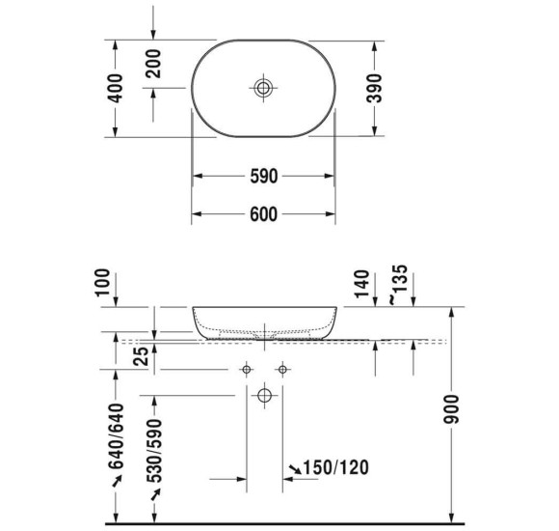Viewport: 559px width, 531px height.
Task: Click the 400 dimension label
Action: coord(115,88)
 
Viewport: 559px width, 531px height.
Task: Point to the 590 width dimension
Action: coord(263,177)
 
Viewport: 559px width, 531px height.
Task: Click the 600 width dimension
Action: coord(263,215)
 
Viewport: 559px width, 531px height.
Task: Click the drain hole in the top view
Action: coord(263,88)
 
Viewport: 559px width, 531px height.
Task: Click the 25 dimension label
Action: coord(143,357)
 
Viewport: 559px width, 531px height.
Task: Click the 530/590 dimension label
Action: coord(153,450)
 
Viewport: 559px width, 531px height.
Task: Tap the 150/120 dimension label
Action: coord(335,468)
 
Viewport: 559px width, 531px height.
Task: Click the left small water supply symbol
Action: coord(246,370)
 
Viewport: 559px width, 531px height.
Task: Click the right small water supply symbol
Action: coord(281,370)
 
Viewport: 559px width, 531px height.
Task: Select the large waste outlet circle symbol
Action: coord(263,395)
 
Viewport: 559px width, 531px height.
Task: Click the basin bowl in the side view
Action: coord(263,321)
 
